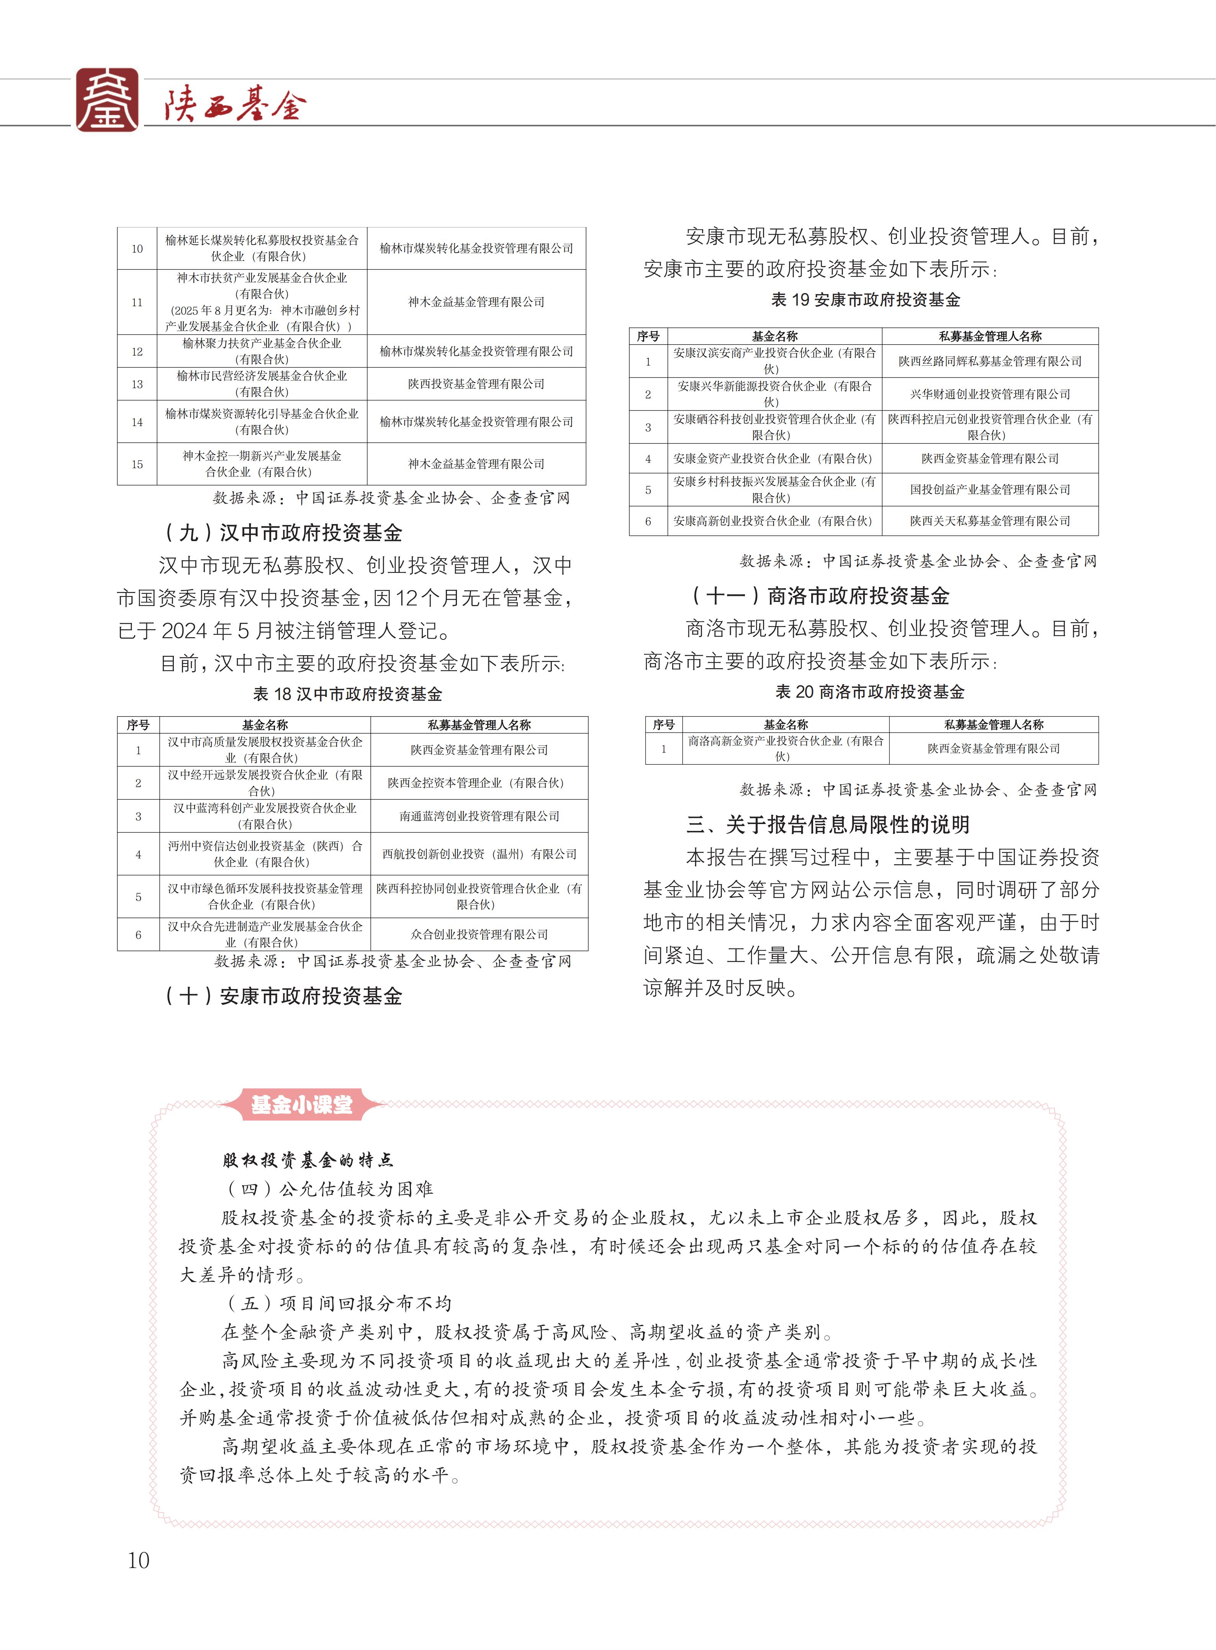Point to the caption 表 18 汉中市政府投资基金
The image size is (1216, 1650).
(347, 694)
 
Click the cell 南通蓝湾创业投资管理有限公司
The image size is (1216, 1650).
(479, 816)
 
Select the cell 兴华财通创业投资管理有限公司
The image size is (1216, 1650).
(990, 394)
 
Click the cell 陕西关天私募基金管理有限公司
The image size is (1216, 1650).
(990, 521)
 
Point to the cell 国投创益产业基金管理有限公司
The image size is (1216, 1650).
(990, 489)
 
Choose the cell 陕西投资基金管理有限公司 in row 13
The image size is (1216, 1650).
(476, 384)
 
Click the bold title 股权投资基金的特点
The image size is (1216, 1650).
(308, 1161)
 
